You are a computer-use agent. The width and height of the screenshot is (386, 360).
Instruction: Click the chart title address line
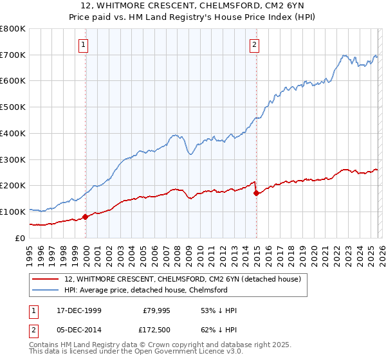(x=193, y=6)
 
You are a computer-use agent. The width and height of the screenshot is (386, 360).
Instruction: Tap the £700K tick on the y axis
(x=13, y=55)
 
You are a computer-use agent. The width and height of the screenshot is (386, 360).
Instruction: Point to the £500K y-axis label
(x=13, y=107)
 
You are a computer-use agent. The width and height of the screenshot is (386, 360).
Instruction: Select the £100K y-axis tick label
(x=13, y=212)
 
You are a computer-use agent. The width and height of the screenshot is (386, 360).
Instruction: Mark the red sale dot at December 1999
(x=86, y=217)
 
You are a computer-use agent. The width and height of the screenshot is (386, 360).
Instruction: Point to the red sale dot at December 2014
(x=256, y=193)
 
